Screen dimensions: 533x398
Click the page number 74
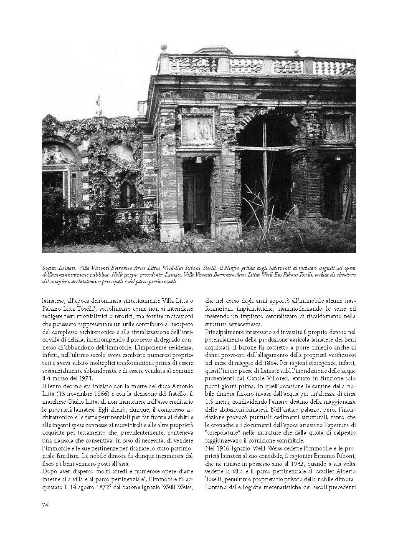(46, 505)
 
